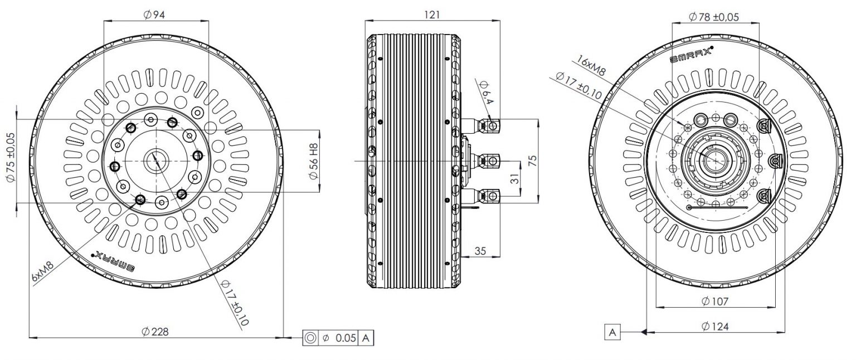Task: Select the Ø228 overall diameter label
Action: point(155,332)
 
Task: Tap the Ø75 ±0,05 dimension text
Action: point(9,158)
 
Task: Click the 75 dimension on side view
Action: point(533,160)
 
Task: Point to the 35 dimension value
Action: point(480,251)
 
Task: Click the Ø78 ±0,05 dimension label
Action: point(713,17)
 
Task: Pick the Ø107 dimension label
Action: point(716,301)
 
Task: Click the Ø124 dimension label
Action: point(716,327)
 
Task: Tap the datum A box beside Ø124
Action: point(612,333)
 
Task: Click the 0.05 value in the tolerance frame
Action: point(346,338)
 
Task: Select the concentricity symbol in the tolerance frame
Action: point(310,338)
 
